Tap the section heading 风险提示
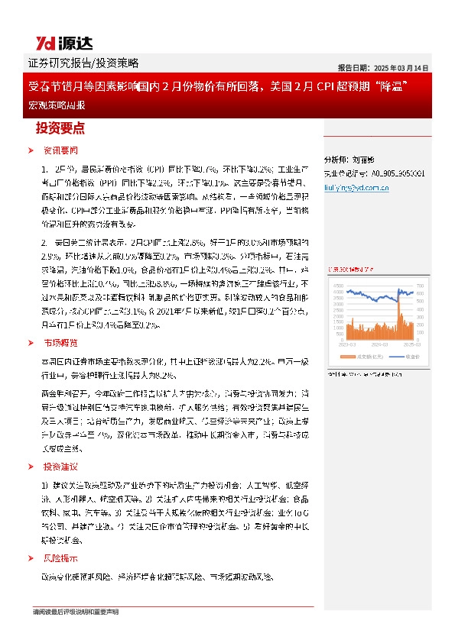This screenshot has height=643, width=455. pos(60,557)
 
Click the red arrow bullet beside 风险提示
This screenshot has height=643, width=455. pos(31,557)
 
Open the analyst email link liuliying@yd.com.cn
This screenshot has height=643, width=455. pos(357,185)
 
